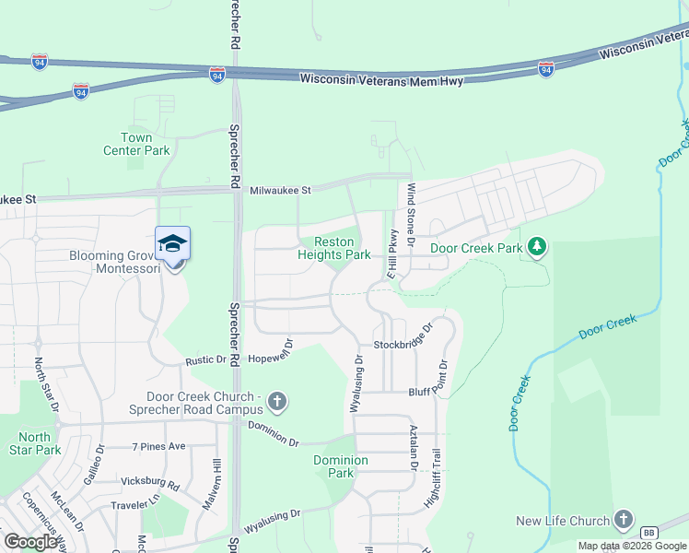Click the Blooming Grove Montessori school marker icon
[173, 244]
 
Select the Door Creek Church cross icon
[277, 402]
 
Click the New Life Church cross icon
[624, 520]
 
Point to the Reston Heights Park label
[334, 247]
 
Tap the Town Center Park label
[136, 144]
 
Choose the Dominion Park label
[341, 466]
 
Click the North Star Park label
[35, 443]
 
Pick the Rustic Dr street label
[206, 360]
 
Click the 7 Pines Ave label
[159, 446]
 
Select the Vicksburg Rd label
[149, 482]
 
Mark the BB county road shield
[648, 533]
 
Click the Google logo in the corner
[31, 542]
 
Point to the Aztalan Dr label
[414, 450]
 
